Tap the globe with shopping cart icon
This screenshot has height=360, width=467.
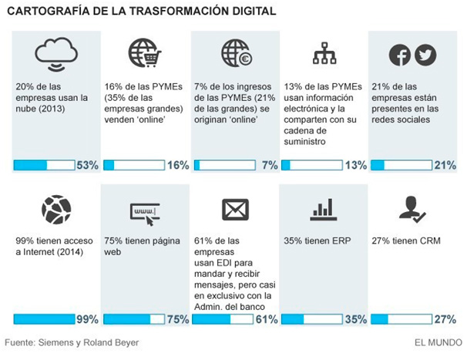[144, 52]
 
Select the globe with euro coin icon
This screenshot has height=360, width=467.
[235, 52]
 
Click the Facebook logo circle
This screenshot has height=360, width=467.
[399, 55]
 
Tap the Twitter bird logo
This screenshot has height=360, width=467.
[425, 55]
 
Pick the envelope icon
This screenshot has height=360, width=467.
[234, 209]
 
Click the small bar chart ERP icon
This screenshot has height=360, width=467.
[321, 209]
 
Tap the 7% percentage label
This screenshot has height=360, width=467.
[270, 165]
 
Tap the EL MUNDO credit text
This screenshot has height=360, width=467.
[434, 342]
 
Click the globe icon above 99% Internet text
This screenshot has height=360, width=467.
[55, 209]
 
